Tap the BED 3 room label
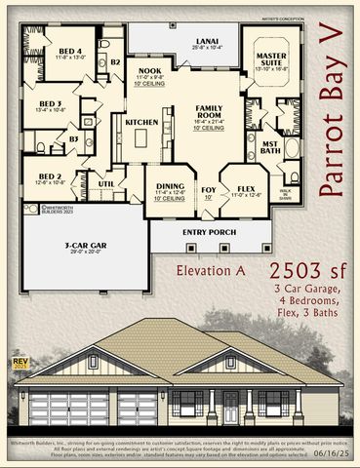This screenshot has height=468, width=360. (51, 102)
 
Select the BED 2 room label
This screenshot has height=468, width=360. (51, 176)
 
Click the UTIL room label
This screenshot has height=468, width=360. (107, 182)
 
